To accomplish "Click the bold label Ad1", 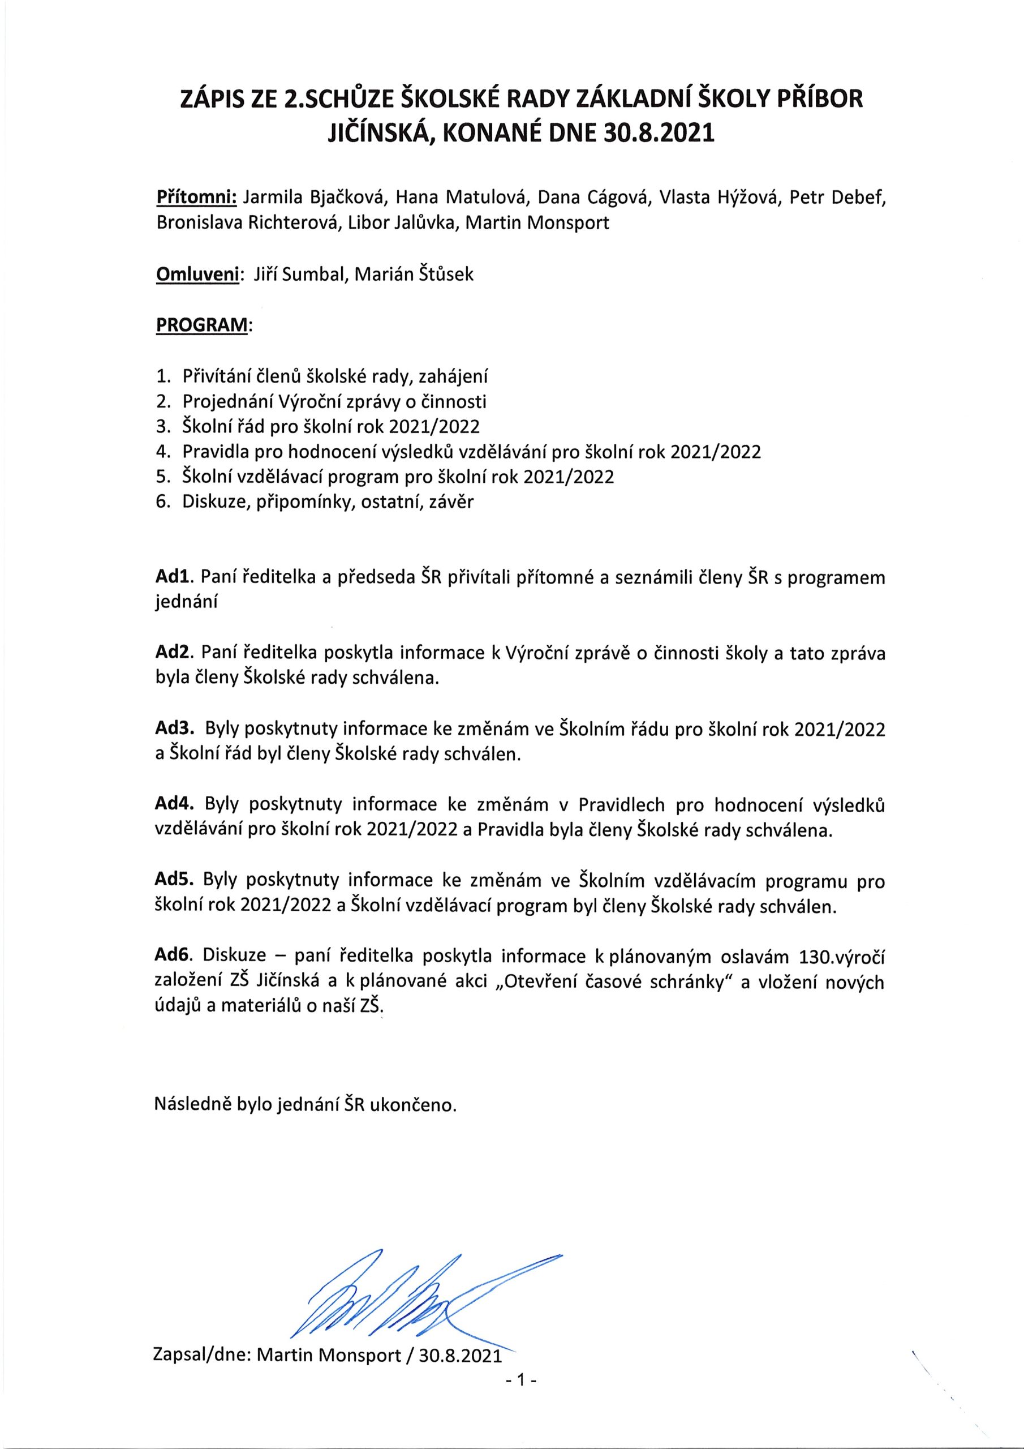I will tap(177, 577).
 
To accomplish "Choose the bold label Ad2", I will tap(177, 653).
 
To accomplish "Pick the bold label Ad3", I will tap(177, 729).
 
